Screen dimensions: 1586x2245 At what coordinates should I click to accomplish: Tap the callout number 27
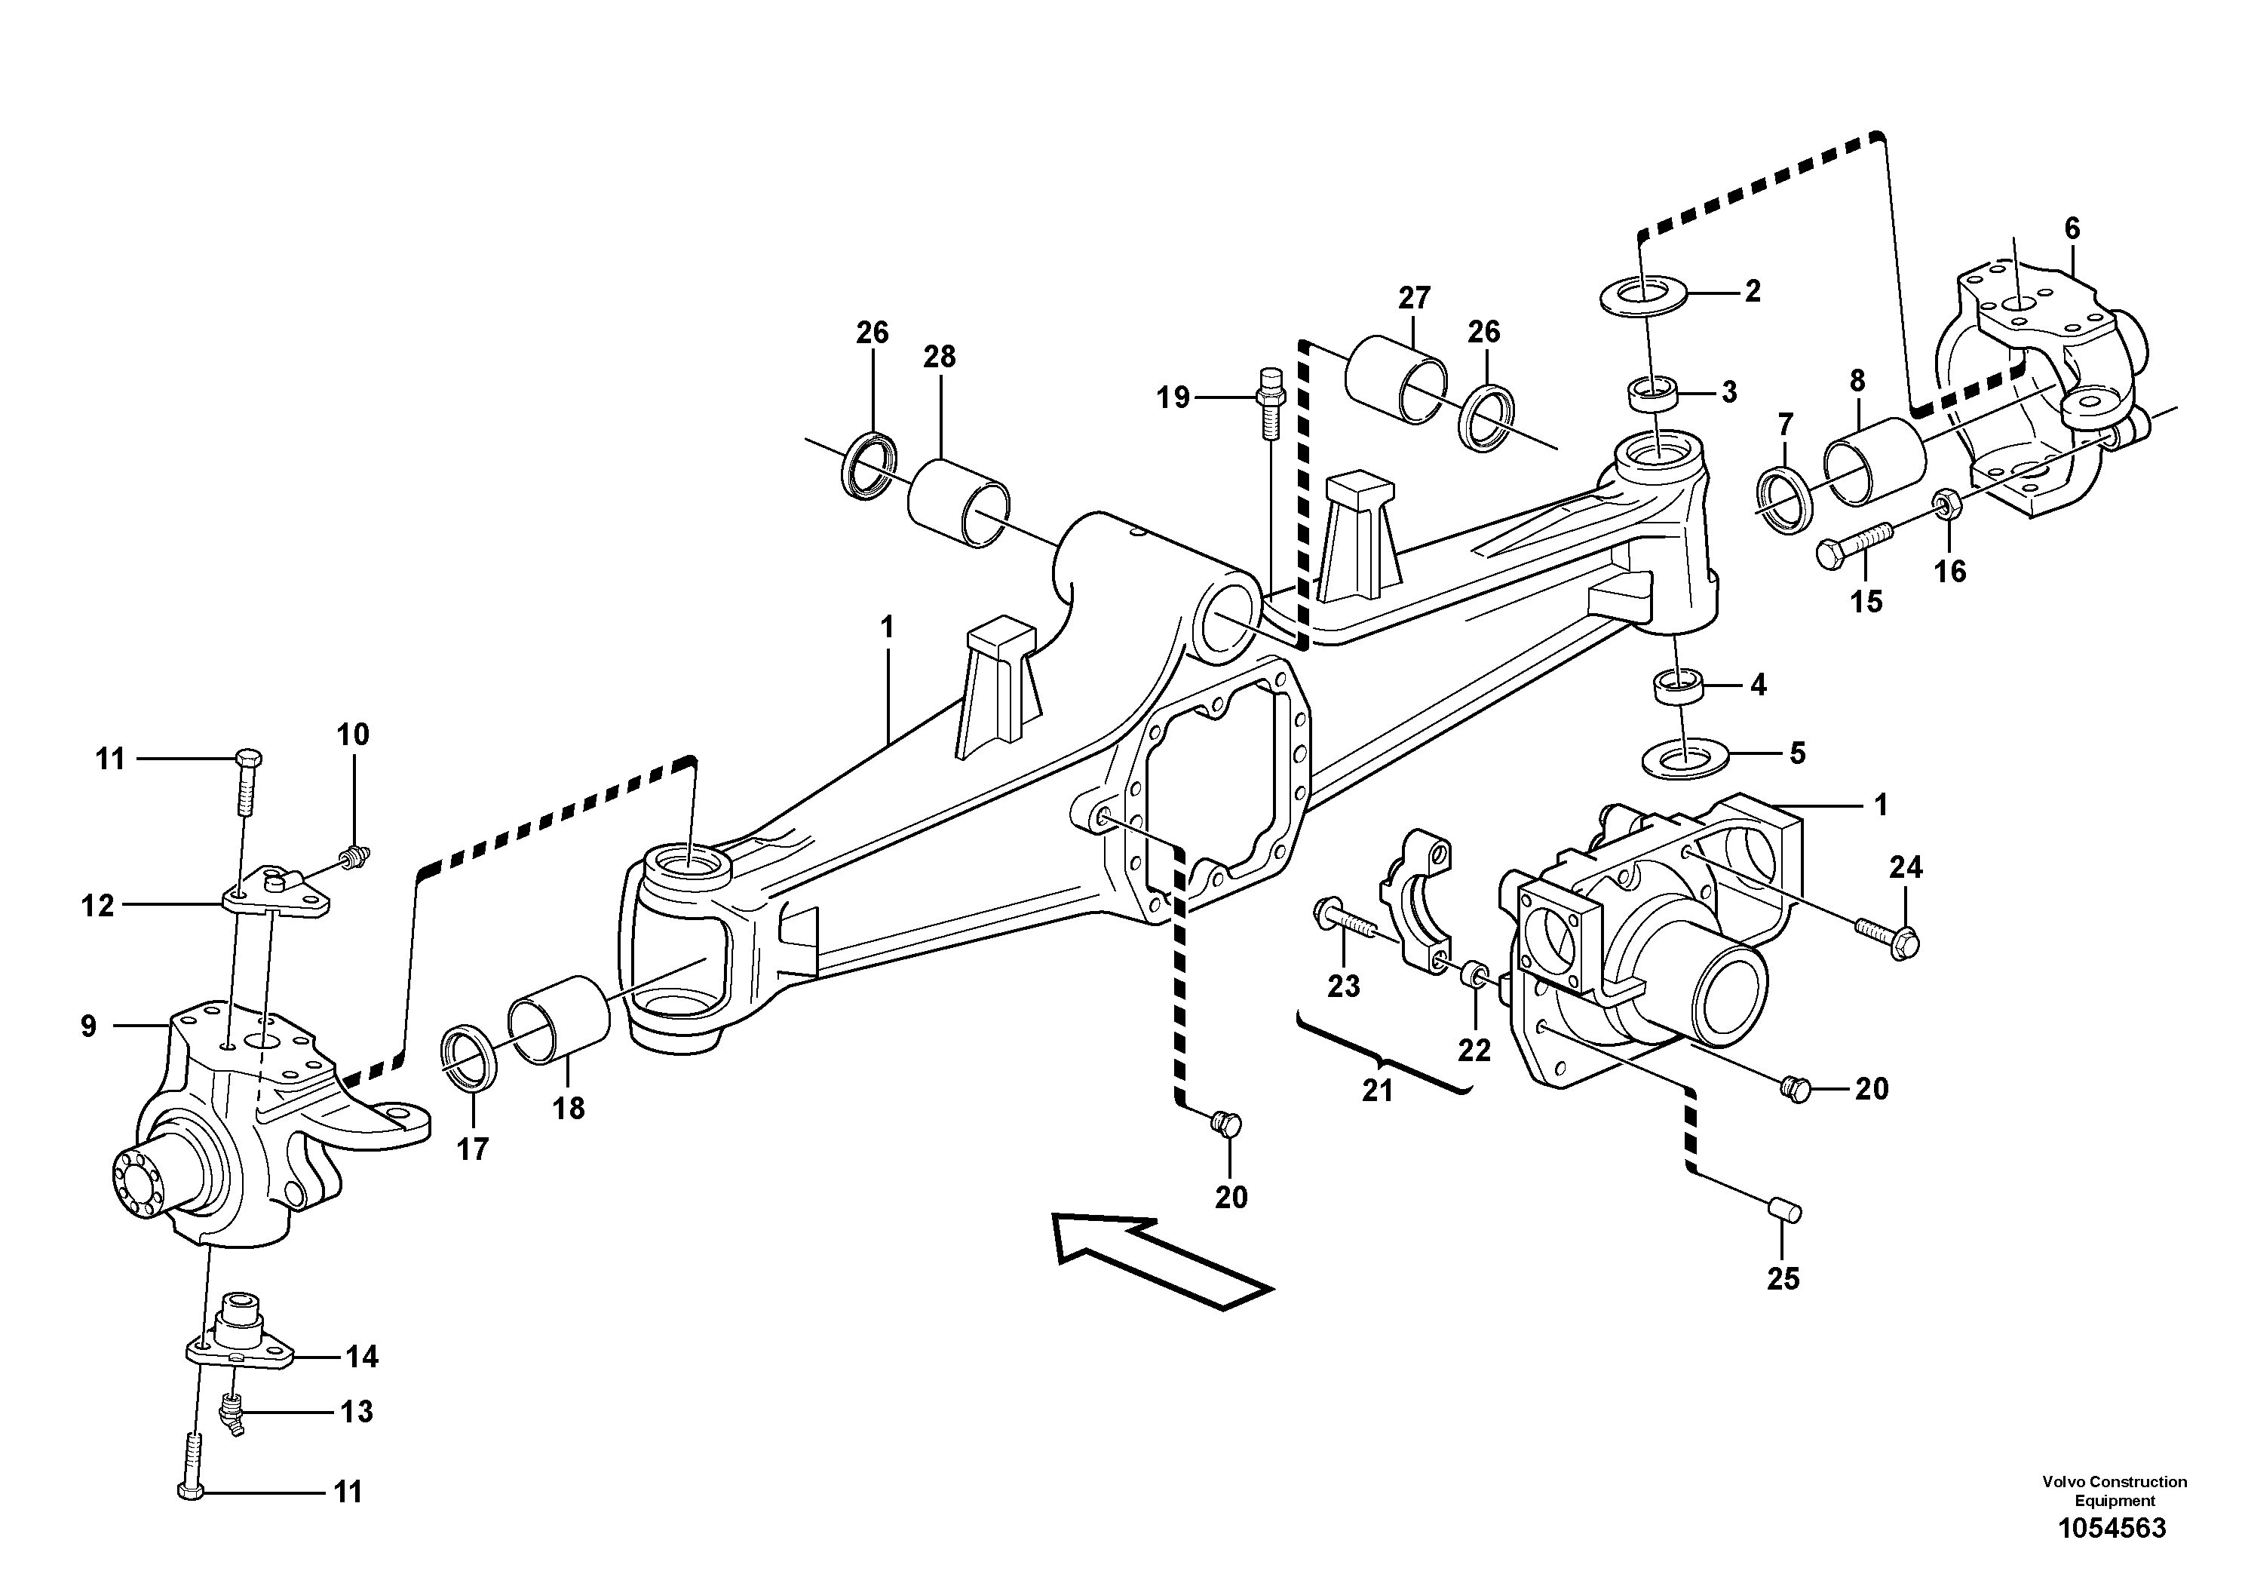(x=1414, y=296)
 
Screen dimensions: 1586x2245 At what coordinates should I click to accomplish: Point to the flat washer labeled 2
(x=1645, y=296)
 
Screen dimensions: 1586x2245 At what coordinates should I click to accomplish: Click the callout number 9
(x=89, y=1026)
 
